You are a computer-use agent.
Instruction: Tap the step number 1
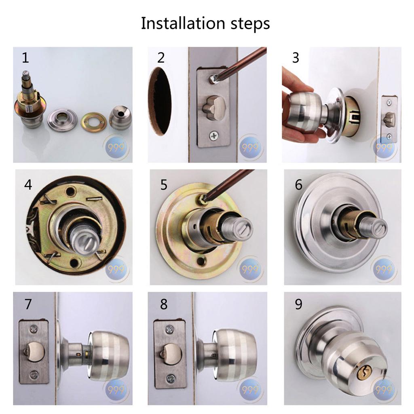pyautogui.click(x=25, y=58)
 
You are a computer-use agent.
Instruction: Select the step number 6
pyautogui.click(x=298, y=185)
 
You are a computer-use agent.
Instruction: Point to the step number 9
pyautogui.click(x=298, y=304)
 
